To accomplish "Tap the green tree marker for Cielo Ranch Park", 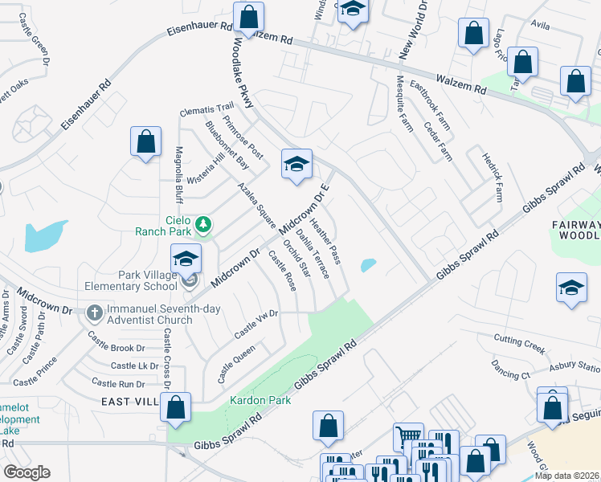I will [203, 225].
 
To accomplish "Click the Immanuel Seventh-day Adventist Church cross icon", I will [94, 312].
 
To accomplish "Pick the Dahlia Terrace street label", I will [313, 254].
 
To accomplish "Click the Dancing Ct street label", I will [510, 374].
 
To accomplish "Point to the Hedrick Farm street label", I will [492, 178].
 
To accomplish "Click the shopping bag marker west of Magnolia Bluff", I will [146, 142].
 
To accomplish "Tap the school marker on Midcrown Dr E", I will [296, 165].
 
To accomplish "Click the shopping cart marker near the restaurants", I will [408, 437].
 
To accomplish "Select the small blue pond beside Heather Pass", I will [369, 264].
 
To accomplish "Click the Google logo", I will [27, 472].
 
